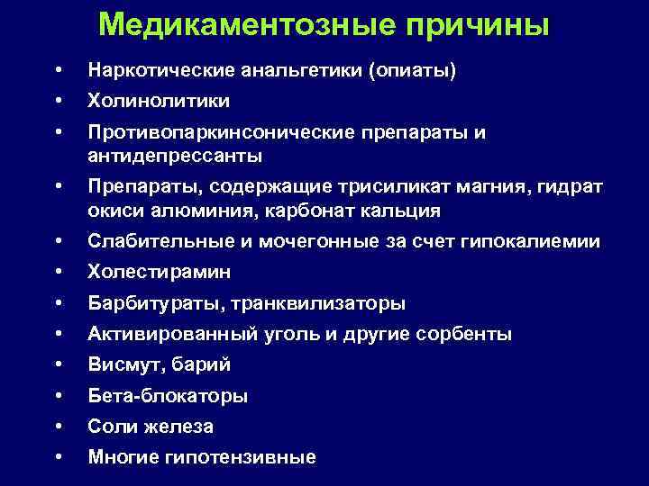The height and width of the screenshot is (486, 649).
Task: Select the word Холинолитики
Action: pos(159,101)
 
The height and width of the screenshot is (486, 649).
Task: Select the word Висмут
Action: pos(121,364)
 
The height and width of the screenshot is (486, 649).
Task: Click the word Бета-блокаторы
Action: pos(168,396)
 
